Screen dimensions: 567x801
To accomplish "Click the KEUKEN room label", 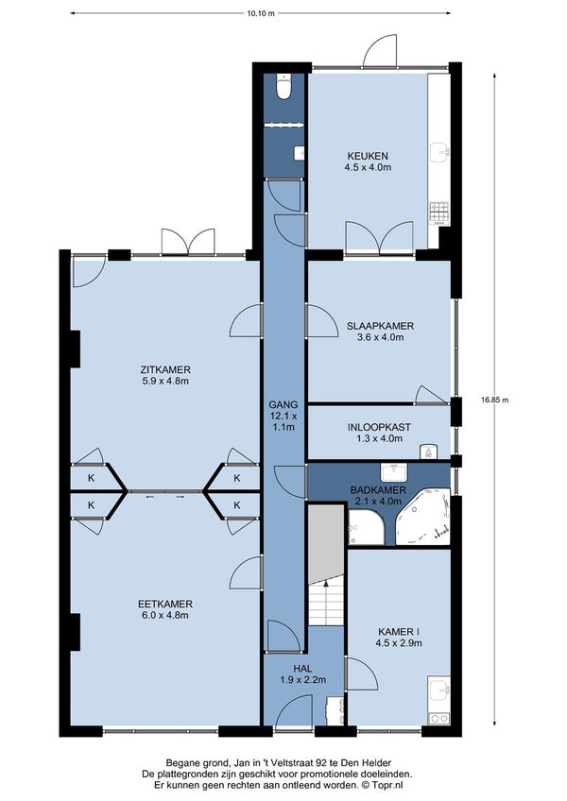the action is tap(368, 156).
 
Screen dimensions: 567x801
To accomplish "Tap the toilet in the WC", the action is tap(283, 86).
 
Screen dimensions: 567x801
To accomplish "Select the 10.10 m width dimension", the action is tap(261, 13).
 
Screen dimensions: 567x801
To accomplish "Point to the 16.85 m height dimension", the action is tap(494, 400).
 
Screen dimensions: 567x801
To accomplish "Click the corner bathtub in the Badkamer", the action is tap(424, 517).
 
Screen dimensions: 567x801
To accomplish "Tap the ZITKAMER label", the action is tap(165, 370).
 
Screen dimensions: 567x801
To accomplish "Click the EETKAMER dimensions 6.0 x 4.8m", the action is tap(165, 615).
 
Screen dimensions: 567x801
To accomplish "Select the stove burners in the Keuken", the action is tap(439, 213).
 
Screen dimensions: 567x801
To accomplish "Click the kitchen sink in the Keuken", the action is tap(439, 151).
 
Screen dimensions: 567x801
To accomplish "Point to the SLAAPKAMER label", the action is tap(381, 326).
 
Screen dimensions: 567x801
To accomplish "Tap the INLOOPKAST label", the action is tap(379, 427).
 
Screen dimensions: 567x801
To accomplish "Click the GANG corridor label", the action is tap(283, 404).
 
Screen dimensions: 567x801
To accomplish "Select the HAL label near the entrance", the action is tap(302, 669).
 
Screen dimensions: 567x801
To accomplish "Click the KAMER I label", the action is tap(399, 632).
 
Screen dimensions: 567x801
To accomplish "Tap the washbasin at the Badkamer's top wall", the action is tap(394, 471).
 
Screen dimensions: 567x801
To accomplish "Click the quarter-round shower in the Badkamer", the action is tap(366, 527).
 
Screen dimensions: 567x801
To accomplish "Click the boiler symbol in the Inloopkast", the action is tap(428, 452).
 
